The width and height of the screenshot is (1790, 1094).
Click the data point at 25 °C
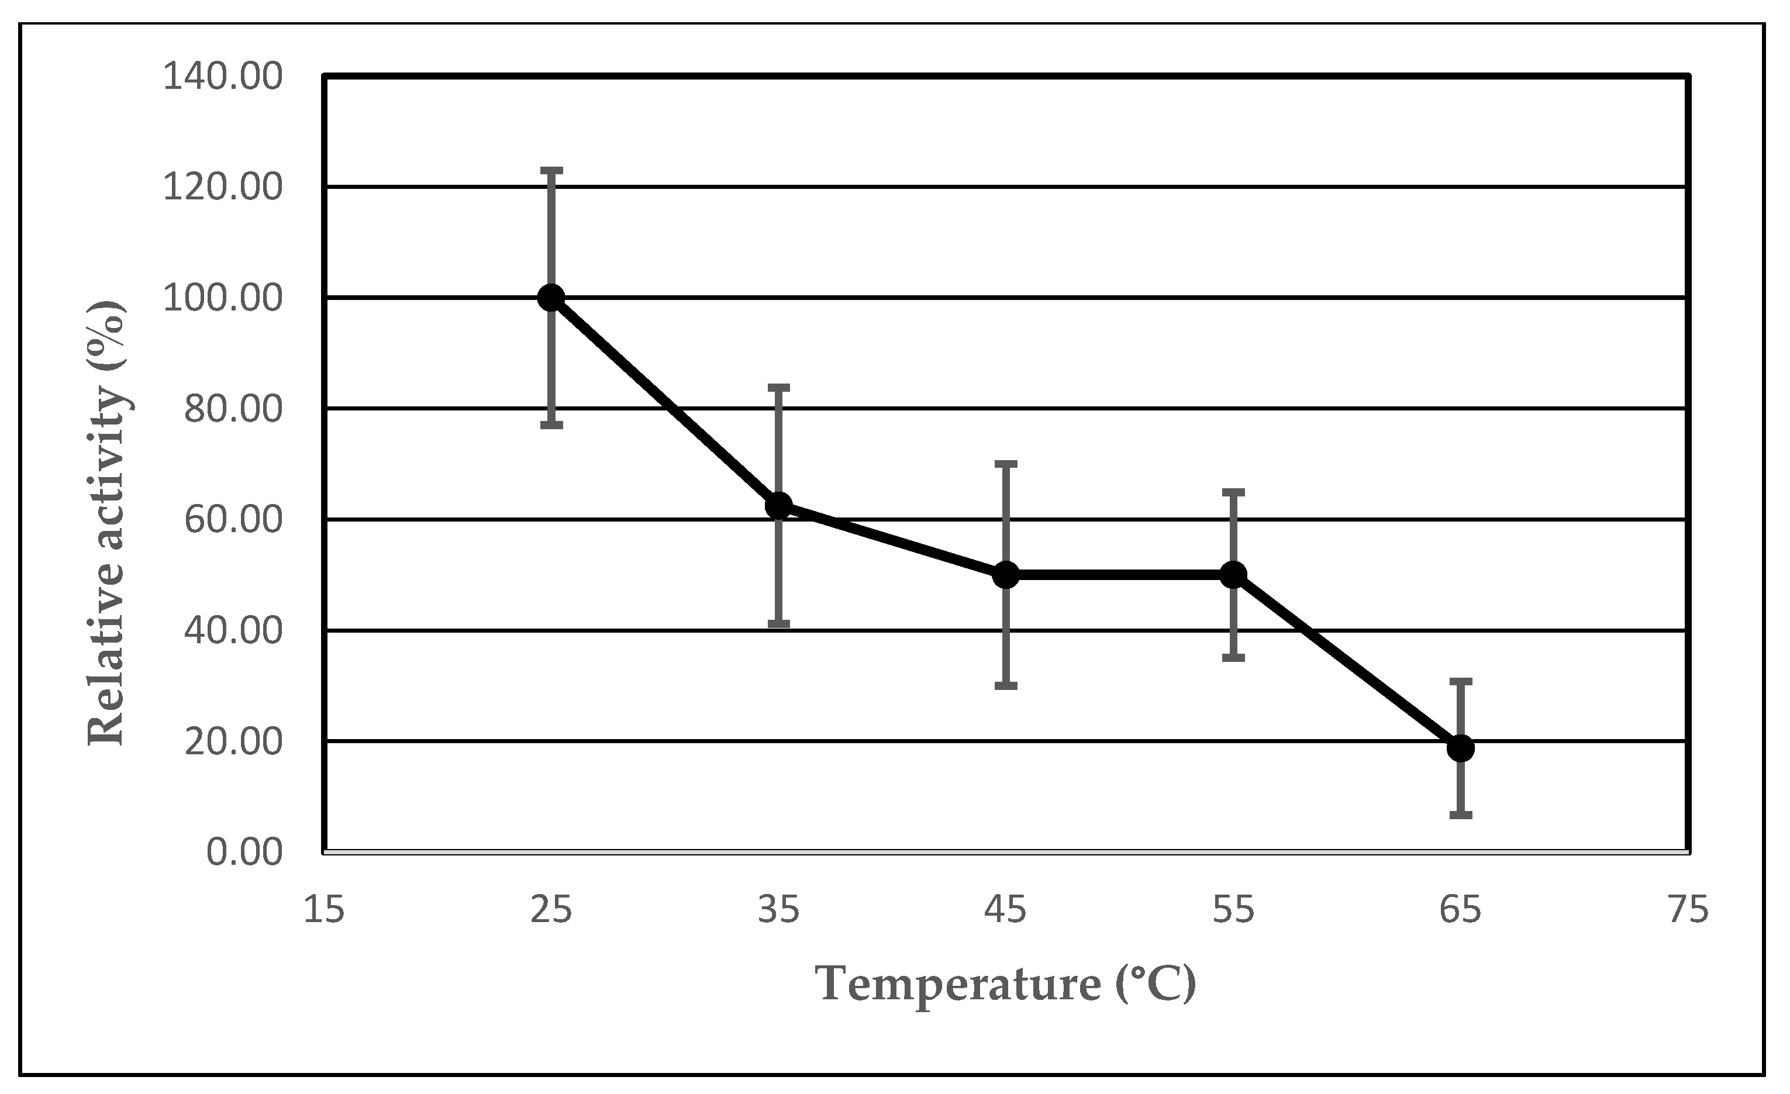[x=551, y=297]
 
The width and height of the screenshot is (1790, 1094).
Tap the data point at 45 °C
[x=1006, y=575]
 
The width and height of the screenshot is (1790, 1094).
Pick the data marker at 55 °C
[x=1233, y=575]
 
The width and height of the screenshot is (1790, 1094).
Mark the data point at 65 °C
[x=1460, y=748]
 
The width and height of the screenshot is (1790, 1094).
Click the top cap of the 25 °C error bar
[x=551, y=170]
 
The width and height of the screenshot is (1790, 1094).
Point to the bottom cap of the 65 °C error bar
[x=1460, y=815]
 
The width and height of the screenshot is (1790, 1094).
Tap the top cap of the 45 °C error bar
[x=1006, y=463]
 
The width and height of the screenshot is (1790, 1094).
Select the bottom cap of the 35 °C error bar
[x=779, y=623]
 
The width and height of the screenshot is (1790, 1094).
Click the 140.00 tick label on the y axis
[x=222, y=77]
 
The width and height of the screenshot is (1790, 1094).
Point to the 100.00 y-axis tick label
[x=222, y=299]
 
